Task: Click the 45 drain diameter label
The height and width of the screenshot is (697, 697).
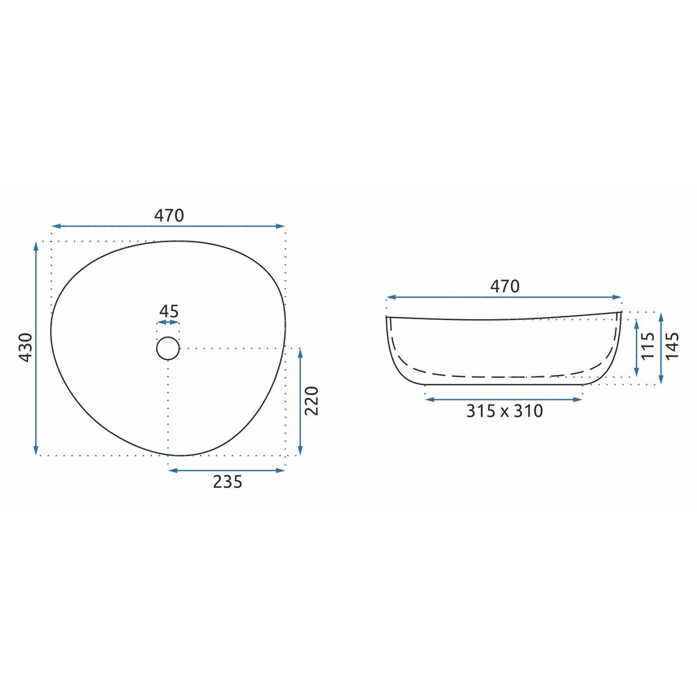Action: (x=169, y=311)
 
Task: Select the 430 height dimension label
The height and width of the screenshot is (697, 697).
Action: (x=26, y=347)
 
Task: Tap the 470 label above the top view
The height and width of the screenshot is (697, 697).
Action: (x=169, y=215)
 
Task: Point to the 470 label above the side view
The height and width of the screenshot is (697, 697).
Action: (x=505, y=286)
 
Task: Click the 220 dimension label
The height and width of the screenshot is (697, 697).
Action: (x=312, y=401)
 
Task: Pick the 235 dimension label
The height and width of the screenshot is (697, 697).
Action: (x=228, y=482)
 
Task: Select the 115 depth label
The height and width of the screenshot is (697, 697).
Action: (x=648, y=346)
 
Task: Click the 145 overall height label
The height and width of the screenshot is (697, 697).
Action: (x=672, y=346)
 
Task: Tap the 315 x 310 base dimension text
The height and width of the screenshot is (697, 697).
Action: (x=505, y=411)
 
